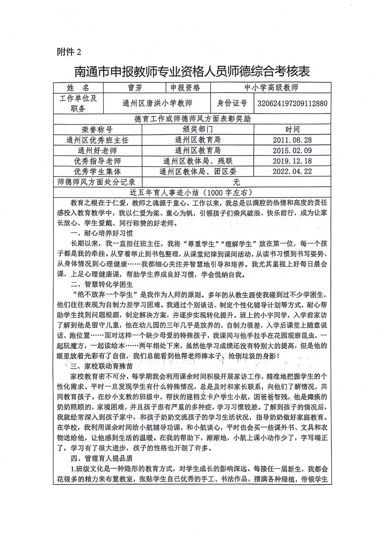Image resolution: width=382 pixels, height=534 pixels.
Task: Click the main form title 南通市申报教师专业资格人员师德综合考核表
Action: click(192, 71)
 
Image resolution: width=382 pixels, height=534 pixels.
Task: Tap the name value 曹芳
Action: click(134, 88)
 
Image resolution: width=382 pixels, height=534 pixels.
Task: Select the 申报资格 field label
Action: click(185, 88)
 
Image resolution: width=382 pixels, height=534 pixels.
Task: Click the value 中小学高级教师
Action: click(271, 88)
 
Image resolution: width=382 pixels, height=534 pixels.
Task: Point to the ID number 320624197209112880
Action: click(292, 103)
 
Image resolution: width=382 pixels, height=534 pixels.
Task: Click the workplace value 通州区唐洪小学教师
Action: click(157, 103)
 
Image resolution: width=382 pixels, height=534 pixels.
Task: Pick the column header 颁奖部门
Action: click(198, 129)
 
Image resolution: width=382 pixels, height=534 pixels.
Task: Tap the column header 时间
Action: click(292, 129)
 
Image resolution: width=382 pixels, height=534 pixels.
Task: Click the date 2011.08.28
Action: click(292, 140)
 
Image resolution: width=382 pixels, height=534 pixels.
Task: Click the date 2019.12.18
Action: click(292, 161)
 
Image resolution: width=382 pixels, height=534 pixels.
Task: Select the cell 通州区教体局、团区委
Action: click(198, 172)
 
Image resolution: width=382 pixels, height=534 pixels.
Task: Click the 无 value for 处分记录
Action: click(236, 182)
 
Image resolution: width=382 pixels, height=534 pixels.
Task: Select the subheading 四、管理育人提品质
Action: click(102, 458)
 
